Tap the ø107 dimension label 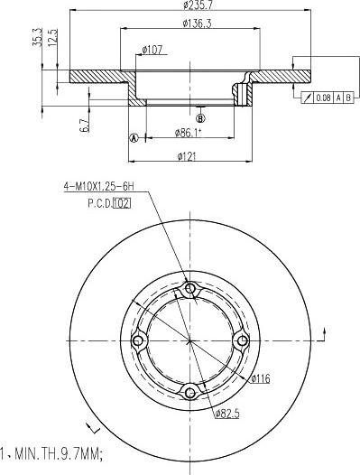(152, 50)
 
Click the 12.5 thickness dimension (53, 42)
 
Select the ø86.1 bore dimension (188, 134)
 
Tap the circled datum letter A (134, 138)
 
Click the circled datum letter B (200, 117)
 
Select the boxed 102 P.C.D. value (122, 203)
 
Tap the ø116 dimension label (261, 378)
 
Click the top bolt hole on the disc (189, 289)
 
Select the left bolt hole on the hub (138, 340)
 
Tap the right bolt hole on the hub (241, 340)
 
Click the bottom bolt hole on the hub (189, 391)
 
